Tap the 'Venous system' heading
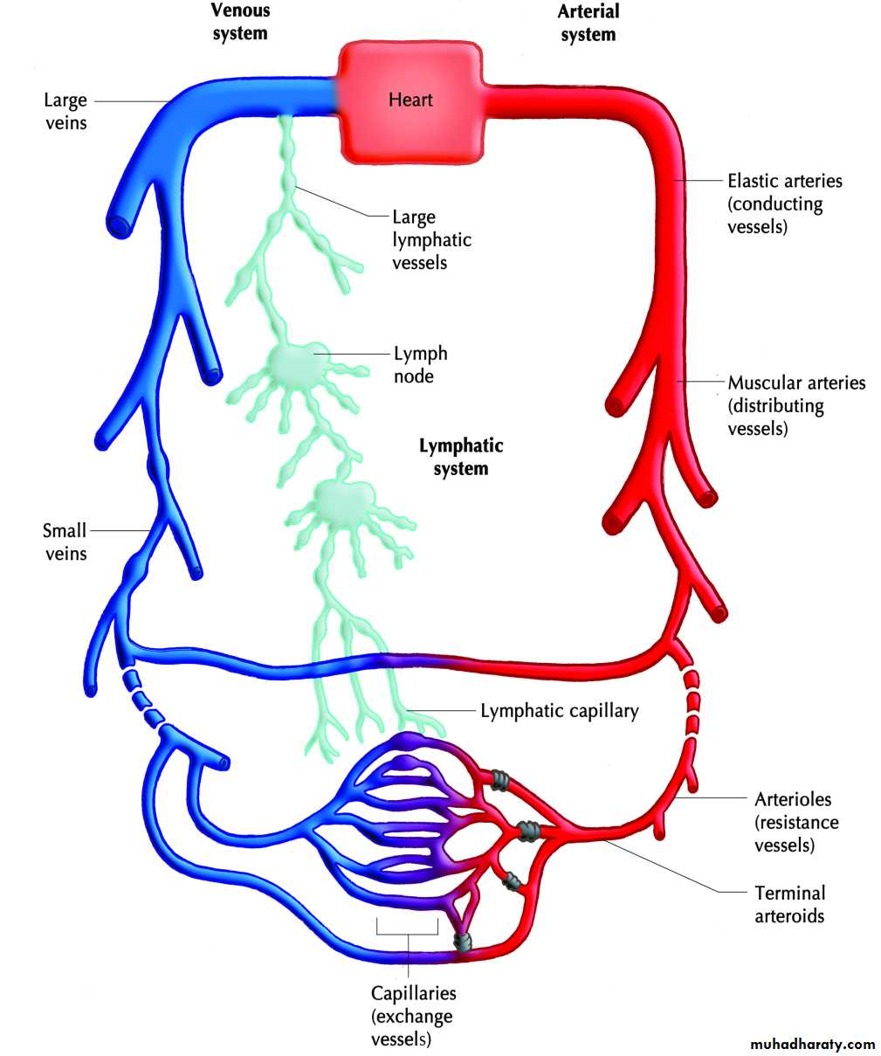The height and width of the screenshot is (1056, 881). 240,23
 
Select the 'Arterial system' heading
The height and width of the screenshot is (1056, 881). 588,23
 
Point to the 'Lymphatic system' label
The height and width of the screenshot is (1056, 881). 461,457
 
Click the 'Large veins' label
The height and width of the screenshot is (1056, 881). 65,111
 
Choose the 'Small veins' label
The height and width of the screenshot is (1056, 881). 65,542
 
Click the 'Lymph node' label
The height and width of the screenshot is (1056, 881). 420,364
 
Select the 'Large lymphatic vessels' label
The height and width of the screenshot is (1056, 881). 431,239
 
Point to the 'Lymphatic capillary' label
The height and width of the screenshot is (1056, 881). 559,711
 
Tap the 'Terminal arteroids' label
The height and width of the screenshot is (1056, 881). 789,904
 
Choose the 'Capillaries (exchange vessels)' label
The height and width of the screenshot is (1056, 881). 413,1016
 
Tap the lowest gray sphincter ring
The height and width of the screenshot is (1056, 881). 463,942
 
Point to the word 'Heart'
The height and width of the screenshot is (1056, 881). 410,100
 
